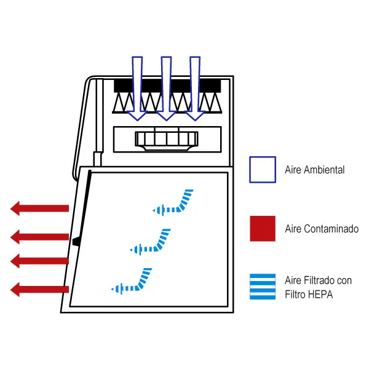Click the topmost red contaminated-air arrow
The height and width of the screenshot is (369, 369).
(39, 208)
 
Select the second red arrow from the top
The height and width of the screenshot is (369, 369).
(39, 236)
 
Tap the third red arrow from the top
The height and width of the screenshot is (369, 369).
(39, 261)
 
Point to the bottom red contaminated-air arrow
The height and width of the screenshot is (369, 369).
(39, 288)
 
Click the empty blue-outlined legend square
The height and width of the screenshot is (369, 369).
(262, 169)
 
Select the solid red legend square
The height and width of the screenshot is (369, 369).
(262, 228)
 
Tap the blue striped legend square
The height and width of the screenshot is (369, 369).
(262, 287)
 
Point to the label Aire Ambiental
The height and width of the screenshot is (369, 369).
(314, 170)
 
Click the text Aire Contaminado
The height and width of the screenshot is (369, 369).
(321, 229)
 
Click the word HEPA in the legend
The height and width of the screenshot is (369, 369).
(321, 295)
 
